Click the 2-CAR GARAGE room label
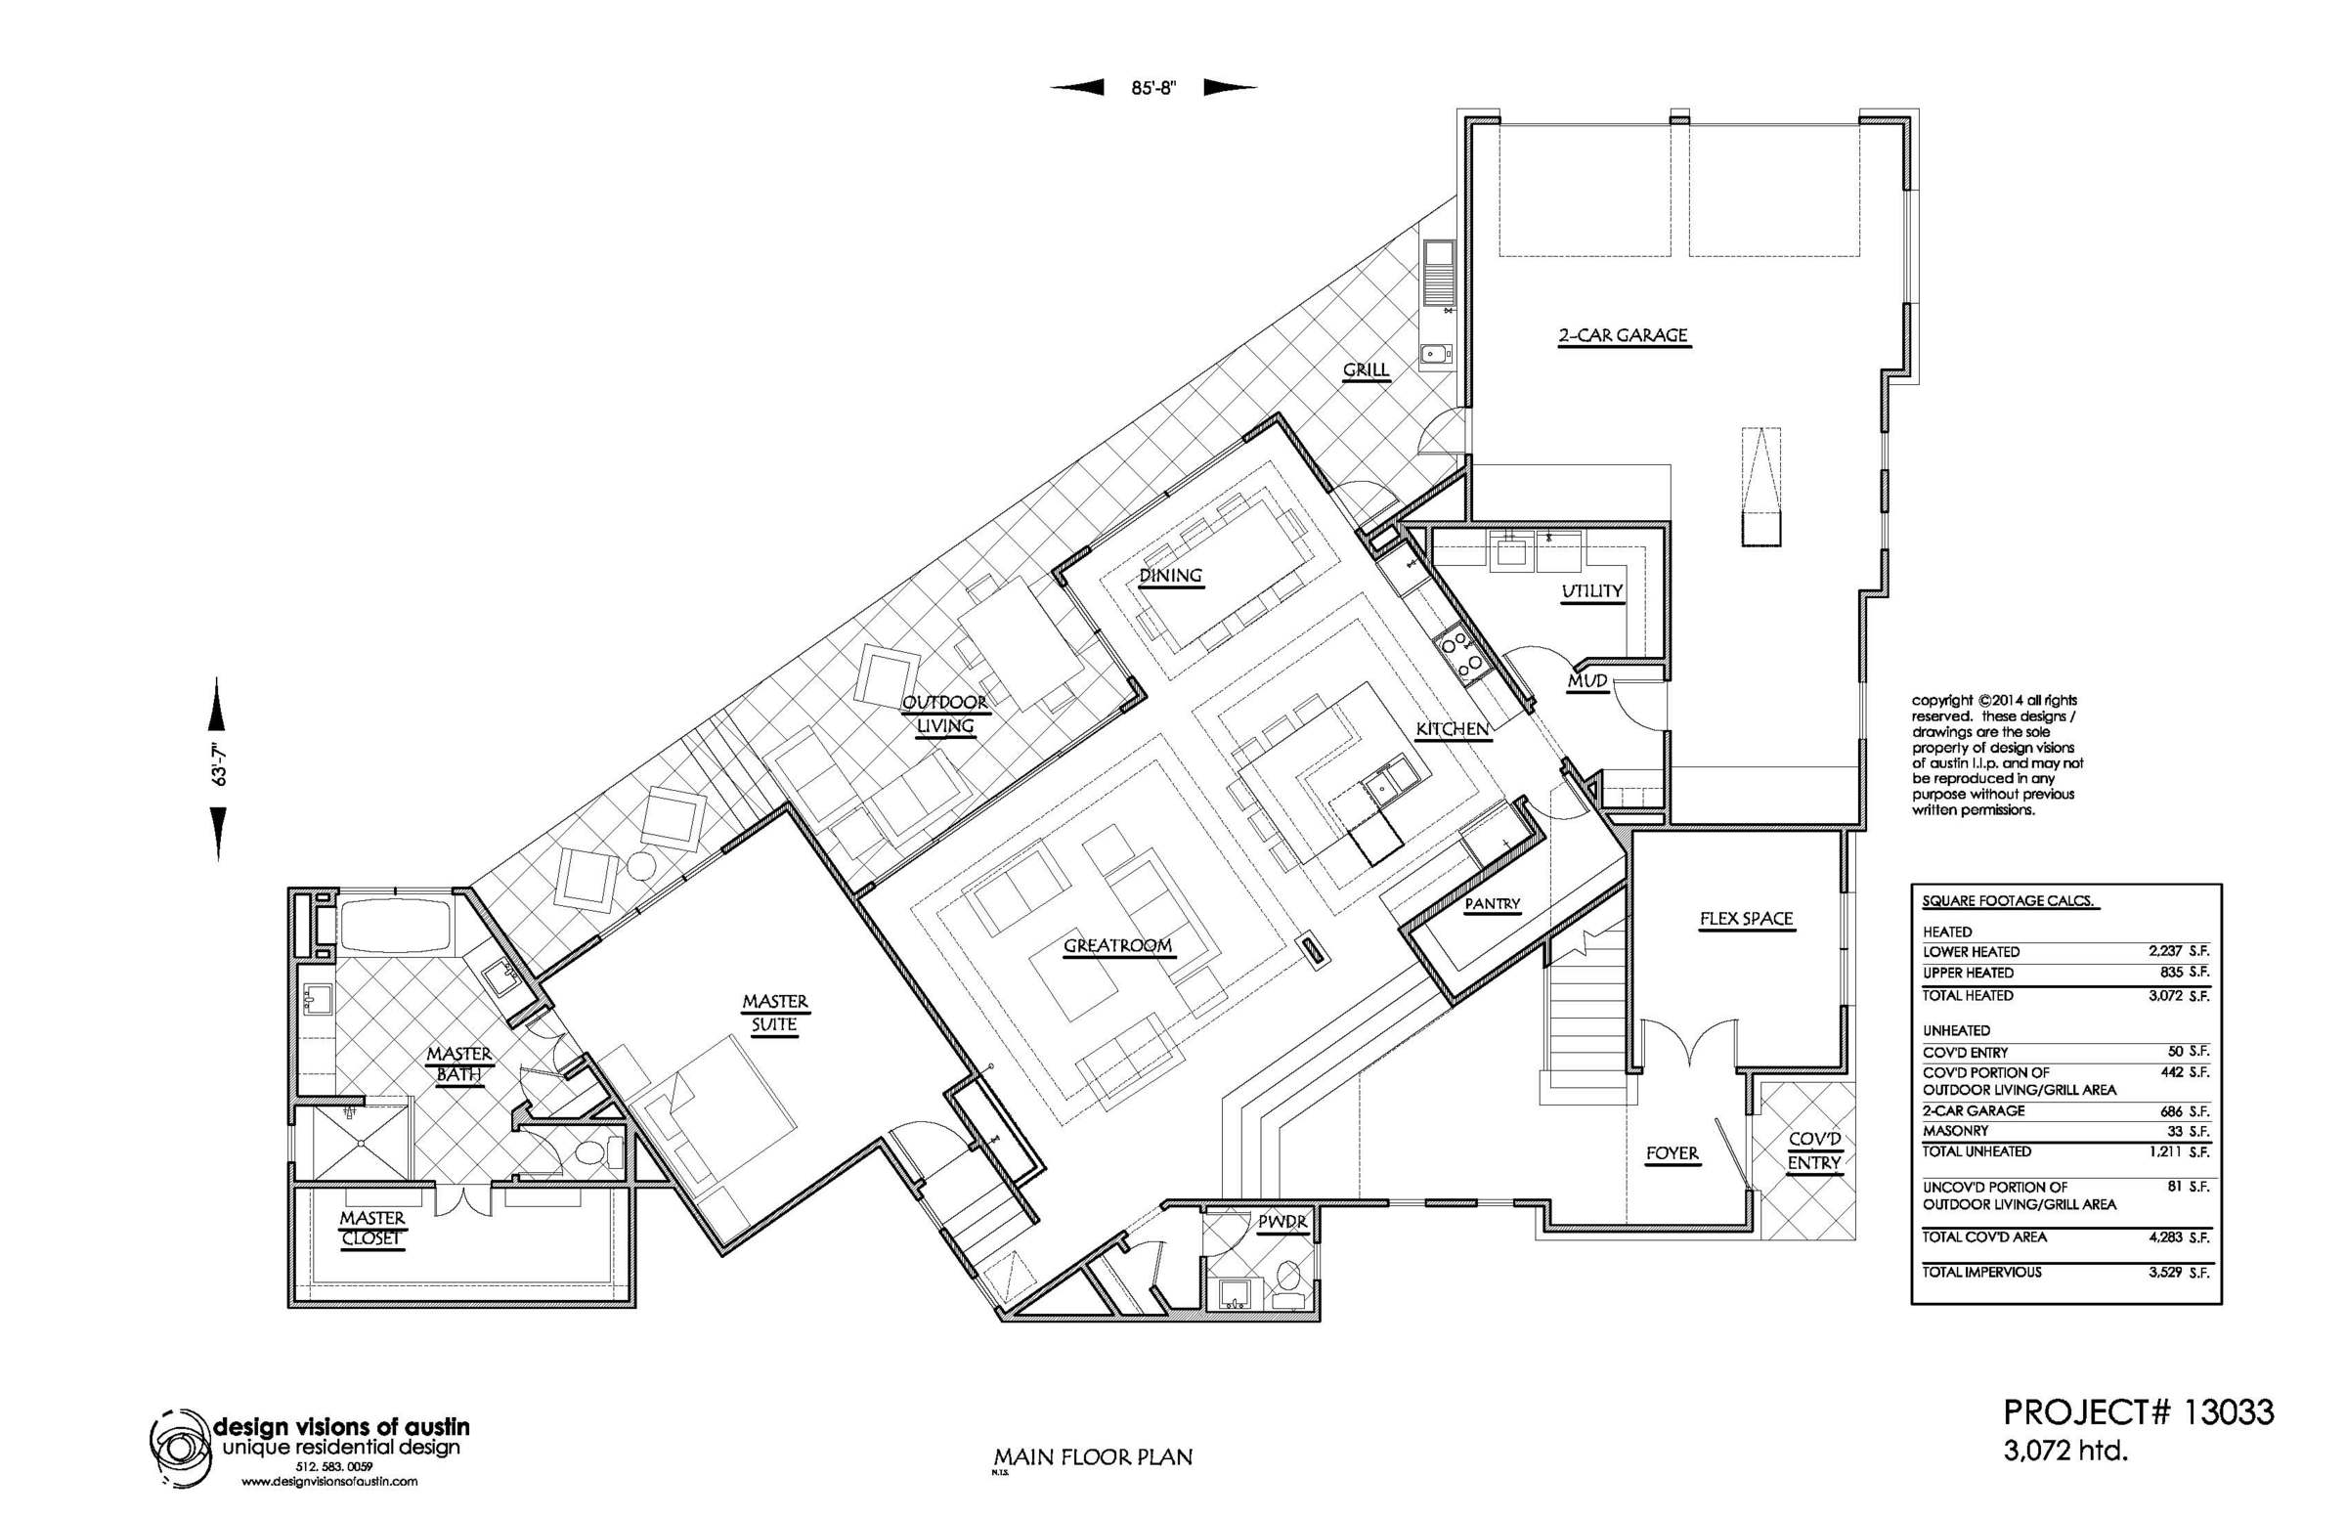tap(1623, 335)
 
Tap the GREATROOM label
tap(1118, 946)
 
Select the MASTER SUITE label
tap(775, 1013)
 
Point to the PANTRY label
tap(1493, 904)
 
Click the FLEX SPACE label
tap(1746, 919)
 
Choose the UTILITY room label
tap(1592, 591)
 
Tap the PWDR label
tap(1282, 1222)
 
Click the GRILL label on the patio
tap(1366, 369)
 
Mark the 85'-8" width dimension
tap(1153, 88)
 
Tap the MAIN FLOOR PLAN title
tap(1093, 1456)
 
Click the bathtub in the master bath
tap(395, 925)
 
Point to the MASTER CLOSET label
tap(371, 1229)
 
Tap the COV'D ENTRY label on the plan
tap(1814, 1151)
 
